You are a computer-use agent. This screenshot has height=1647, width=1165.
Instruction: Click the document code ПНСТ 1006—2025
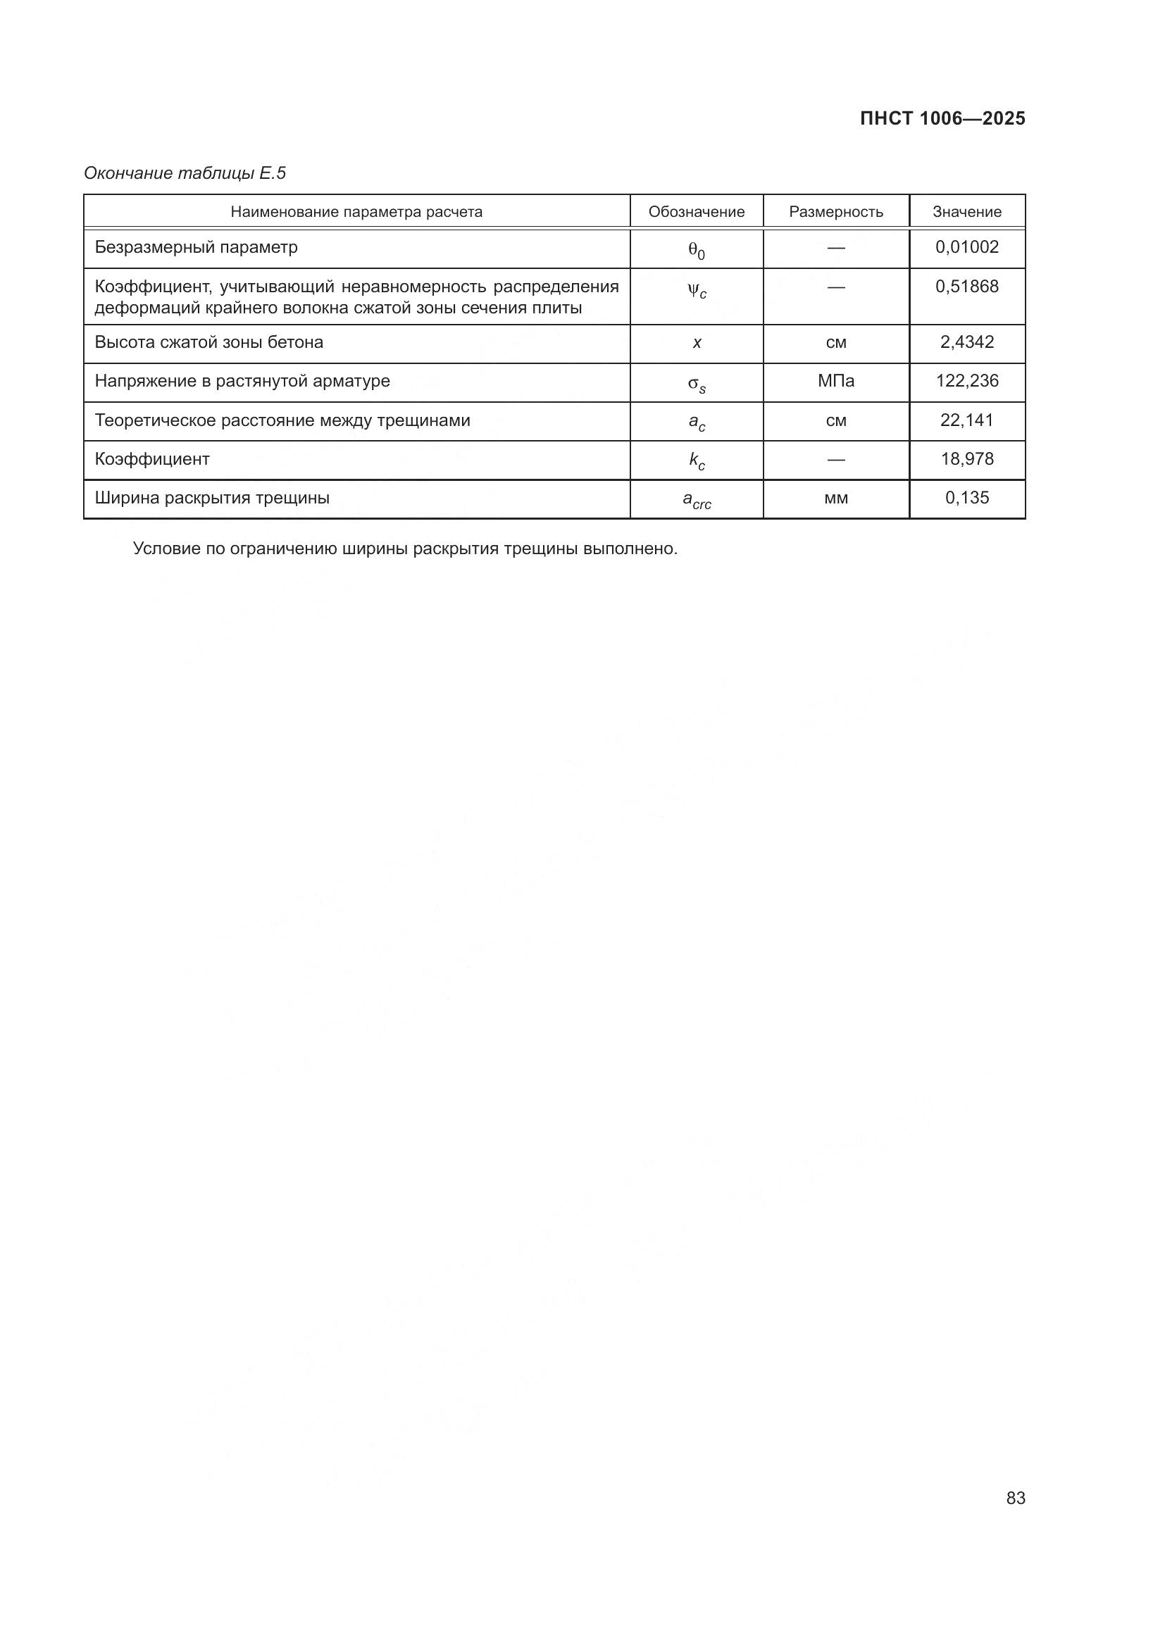(x=942, y=118)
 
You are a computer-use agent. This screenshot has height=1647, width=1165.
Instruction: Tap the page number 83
(x=1016, y=1498)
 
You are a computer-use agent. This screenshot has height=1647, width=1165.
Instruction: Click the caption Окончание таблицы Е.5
(x=185, y=173)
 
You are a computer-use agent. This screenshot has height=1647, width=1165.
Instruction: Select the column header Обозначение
(x=696, y=212)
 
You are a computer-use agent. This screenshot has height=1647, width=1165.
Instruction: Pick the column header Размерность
(x=836, y=212)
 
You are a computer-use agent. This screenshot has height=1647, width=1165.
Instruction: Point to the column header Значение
(x=966, y=212)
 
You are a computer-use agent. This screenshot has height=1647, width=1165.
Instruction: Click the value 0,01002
(x=966, y=247)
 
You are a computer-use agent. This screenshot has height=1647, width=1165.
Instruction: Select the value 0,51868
(x=966, y=287)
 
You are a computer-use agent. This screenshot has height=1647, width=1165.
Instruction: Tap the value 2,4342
(x=966, y=342)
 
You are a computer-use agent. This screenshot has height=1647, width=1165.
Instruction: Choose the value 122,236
(x=966, y=381)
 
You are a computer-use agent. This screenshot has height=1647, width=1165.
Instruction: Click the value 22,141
(x=966, y=420)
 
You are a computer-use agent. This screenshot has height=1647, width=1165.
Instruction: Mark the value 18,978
(x=966, y=459)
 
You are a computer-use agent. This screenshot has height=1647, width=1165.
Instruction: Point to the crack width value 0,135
(x=966, y=498)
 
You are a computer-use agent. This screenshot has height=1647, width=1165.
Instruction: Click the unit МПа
(x=836, y=381)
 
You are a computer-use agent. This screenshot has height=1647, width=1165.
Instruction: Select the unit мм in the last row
(x=836, y=498)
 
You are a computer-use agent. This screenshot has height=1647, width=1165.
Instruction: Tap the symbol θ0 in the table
(x=696, y=251)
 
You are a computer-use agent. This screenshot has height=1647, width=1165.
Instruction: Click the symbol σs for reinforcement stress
(x=696, y=384)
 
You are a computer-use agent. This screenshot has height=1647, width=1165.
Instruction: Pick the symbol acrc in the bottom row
(x=696, y=500)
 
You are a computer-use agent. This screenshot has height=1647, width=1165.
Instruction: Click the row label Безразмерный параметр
(x=196, y=247)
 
